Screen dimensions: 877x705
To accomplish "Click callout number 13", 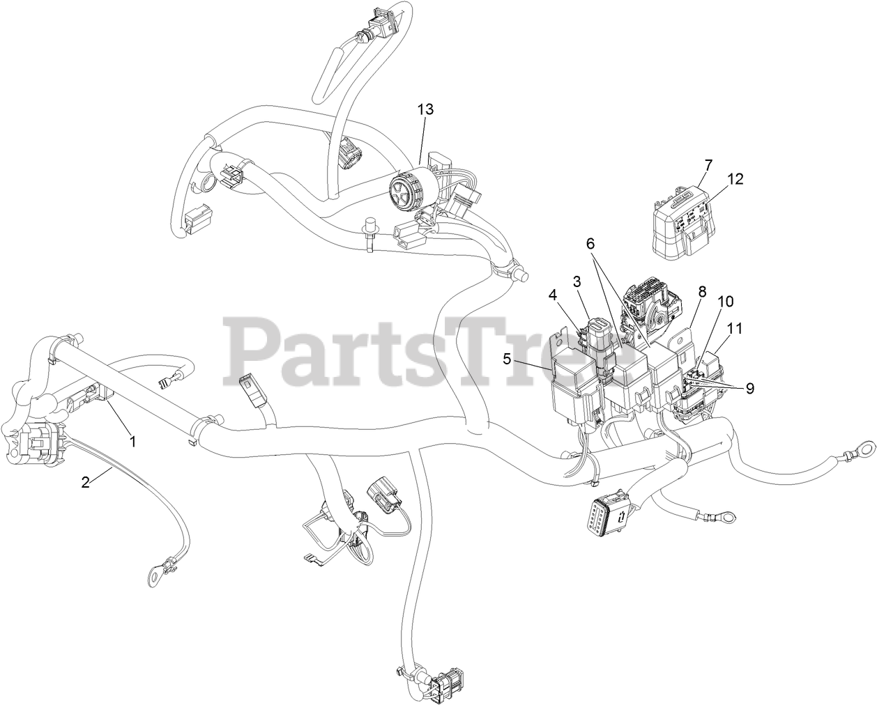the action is tap(425, 109).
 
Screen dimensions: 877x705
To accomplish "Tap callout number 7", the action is tap(708, 165).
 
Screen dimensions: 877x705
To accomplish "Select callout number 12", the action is tap(735, 179).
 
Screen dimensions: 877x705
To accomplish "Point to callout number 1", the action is tap(131, 441).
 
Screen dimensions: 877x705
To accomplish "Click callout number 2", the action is tap(86, 482).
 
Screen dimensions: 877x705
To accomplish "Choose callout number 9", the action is tap(749, 389).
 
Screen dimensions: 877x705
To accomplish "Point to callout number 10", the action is tap(726, 302).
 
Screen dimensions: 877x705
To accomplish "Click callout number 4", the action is tap(553, 295).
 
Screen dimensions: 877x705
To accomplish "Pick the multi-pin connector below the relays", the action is tap(608, 519).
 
